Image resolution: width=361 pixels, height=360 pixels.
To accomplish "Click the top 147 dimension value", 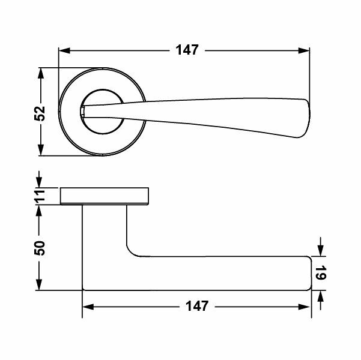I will pos(187,50).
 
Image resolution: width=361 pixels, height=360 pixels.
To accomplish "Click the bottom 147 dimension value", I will pos(196,307).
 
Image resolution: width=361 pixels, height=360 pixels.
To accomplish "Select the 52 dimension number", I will pos(40,113).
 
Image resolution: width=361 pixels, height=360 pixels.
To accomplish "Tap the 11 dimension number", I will pos(40,196).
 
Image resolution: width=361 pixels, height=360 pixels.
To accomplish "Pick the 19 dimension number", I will pos(320,274).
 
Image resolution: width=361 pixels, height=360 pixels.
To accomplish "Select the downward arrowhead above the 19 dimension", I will pos(321,251).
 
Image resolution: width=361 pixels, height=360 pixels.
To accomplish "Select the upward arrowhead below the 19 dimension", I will pos(321,297).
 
